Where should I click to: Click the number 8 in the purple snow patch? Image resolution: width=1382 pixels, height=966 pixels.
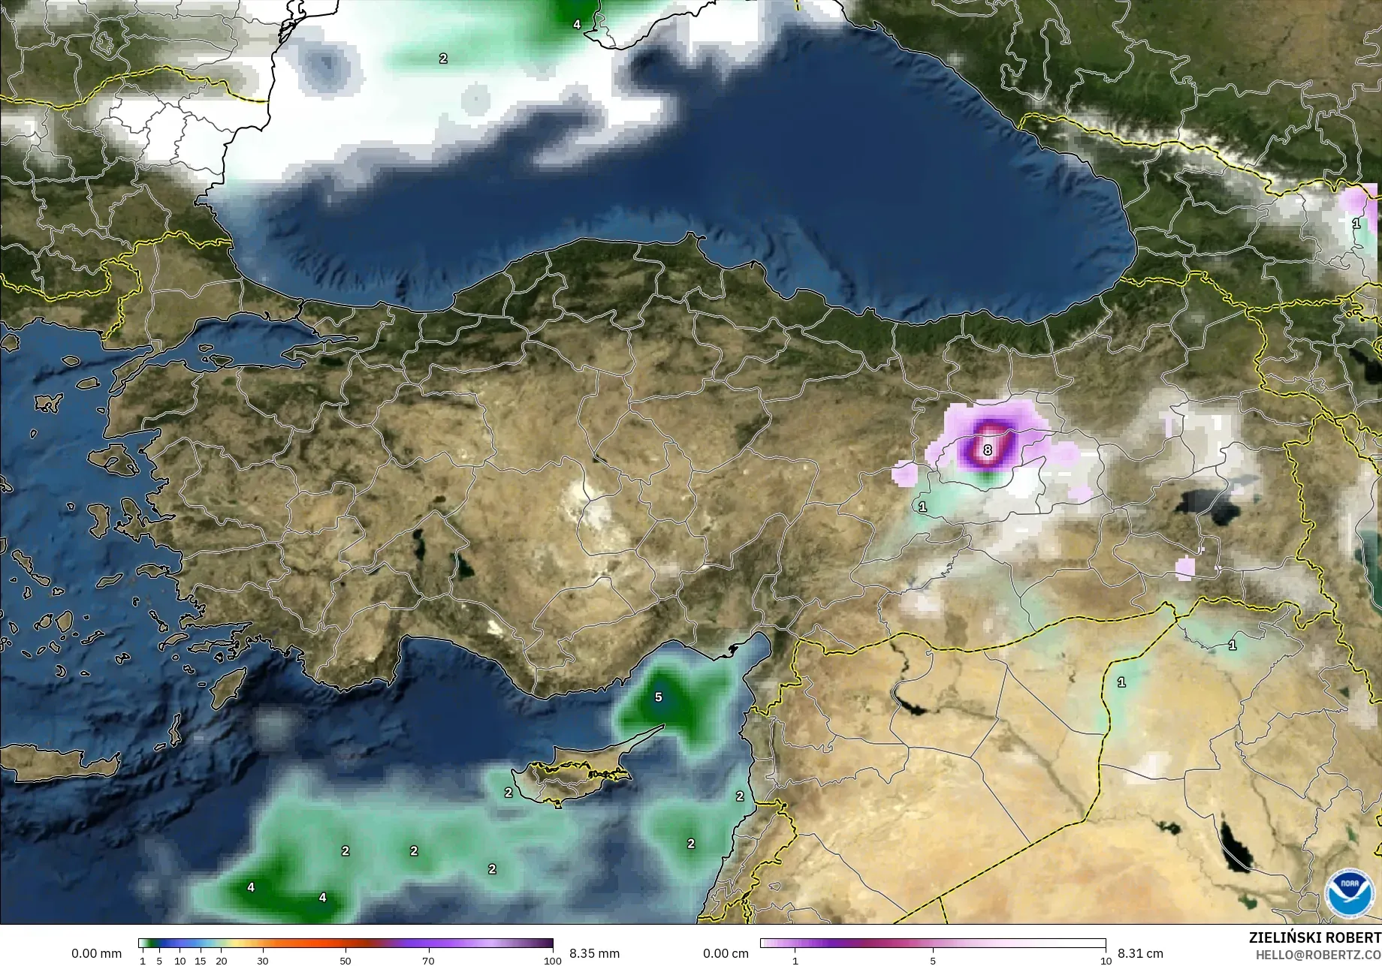point(988,450)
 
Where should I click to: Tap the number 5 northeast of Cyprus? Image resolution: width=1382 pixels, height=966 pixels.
point(658,697)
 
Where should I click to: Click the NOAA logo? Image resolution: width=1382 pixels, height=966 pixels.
point(1349,892)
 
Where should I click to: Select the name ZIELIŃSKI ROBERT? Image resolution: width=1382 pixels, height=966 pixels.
point(1314,937)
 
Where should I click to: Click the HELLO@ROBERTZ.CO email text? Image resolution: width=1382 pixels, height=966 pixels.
point(1318,954)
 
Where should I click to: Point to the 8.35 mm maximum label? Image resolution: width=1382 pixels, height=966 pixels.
point(594,953)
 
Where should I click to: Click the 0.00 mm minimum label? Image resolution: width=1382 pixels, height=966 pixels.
point(96,953)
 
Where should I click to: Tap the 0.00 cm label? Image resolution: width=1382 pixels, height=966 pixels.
point(726,953)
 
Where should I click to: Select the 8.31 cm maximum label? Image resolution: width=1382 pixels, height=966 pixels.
point(1140,953)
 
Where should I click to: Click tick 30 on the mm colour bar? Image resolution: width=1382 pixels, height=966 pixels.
point(262,960)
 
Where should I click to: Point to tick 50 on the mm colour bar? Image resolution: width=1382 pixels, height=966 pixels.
point(345,960)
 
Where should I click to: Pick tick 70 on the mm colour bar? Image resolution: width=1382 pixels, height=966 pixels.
point(428,960)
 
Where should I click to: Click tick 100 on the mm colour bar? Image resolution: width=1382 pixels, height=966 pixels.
point(552,960)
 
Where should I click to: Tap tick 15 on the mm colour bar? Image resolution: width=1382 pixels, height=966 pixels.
point(200,960)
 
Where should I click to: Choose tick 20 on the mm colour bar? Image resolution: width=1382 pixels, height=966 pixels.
point(221,960)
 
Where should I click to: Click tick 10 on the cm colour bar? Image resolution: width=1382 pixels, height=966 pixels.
point(1106,960)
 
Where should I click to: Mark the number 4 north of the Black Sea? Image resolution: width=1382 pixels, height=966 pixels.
point(577,24)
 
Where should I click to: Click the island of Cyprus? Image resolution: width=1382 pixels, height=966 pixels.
point(571,777)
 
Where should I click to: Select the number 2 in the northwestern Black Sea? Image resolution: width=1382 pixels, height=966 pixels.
point(443,58)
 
